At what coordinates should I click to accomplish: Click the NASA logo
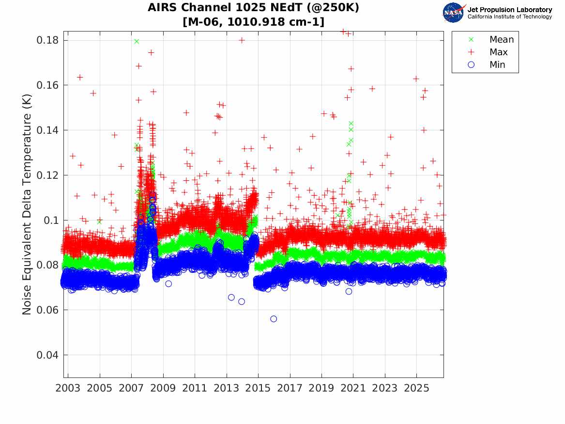[454, 13]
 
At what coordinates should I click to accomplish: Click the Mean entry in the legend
[492, 40]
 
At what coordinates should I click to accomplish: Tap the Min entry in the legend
[487, 65]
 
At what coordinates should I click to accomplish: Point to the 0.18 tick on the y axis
[47, 40]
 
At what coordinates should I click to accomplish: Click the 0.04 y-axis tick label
[47, 355]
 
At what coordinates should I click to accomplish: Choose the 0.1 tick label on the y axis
[51, 220]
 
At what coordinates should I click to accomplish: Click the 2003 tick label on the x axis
[68, 388]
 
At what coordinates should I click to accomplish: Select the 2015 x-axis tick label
[258, 388]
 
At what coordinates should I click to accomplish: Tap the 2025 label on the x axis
[416, 388]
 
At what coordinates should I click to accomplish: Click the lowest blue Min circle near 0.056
[274, 319]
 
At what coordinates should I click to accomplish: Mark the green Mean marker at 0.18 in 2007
[137, 41]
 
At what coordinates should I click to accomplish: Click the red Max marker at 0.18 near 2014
[242, 40]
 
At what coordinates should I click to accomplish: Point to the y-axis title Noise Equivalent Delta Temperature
[27, 204]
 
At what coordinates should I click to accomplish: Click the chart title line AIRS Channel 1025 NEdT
[254, 7]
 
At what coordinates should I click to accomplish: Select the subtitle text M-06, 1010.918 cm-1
[254, 22]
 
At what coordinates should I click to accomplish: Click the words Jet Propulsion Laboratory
[509, 10]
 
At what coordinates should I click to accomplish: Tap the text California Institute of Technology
[509, 16]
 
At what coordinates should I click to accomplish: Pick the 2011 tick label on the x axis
[195, 388]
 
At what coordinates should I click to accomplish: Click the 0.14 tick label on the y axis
[47, 130]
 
